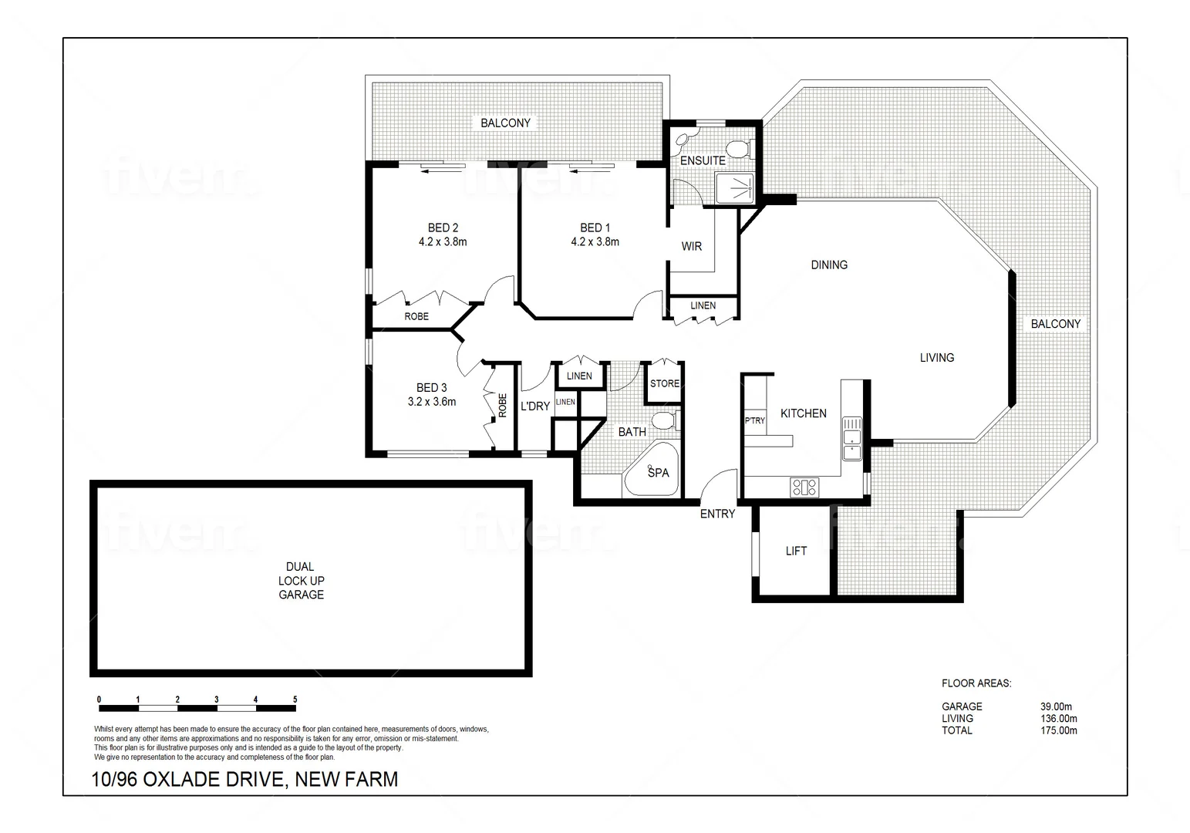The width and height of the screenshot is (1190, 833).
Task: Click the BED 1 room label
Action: click(x=595, y=228)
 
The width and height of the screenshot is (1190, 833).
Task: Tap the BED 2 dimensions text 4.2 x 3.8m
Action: click(x=443, y=241)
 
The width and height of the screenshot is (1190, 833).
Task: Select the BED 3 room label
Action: click(x=431, y=388)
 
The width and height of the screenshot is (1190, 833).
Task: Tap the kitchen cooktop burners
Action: click(x=804, y=487)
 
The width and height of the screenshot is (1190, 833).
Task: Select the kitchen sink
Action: click(x=851, y=437)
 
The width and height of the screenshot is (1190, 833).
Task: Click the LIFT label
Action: click(x=796, y=551)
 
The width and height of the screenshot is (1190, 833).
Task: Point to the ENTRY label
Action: click(x=717, y=514)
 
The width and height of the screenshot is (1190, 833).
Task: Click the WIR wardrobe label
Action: click(x=691, y=246)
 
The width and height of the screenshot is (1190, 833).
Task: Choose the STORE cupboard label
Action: click(x=664, y=383)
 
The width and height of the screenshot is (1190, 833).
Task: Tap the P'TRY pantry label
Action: click(x=754, y=420)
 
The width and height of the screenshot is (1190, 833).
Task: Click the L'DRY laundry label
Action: click(x=534, y=406)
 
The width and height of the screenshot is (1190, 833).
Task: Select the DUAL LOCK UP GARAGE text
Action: click(x=301, y=580)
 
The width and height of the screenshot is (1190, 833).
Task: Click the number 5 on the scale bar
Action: click(x=295, y=700)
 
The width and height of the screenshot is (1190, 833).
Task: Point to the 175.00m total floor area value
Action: click(x=1058, y=730)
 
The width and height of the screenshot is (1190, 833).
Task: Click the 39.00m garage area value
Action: click(x=1056, y=706)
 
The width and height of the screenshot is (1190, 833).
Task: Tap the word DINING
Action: click(x=829, y=265)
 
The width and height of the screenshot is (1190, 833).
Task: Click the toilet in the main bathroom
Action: click(x=662, y=421)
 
